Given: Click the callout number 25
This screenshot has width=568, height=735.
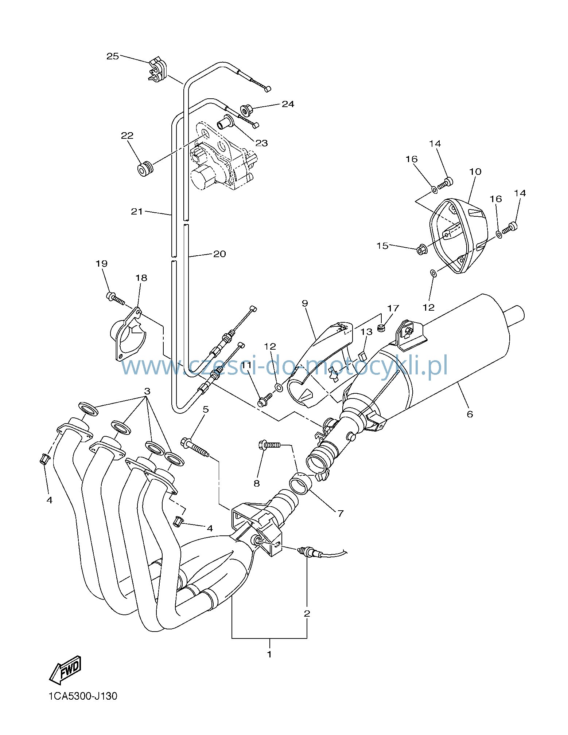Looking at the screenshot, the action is point(113,56).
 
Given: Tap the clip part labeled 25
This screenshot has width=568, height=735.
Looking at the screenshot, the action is point(157,69).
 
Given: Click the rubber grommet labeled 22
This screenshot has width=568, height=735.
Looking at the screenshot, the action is point(145,170).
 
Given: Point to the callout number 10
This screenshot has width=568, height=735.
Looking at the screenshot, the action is point(475,171).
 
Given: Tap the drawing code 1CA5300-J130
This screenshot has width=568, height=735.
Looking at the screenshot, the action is point(83,696).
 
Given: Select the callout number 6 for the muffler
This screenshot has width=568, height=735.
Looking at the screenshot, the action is point(470,414).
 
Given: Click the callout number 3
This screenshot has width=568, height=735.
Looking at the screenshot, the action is point(147,392).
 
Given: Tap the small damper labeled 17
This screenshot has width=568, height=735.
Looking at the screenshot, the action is point(381,328).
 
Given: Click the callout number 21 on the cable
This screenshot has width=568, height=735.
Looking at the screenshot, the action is point(137,211).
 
